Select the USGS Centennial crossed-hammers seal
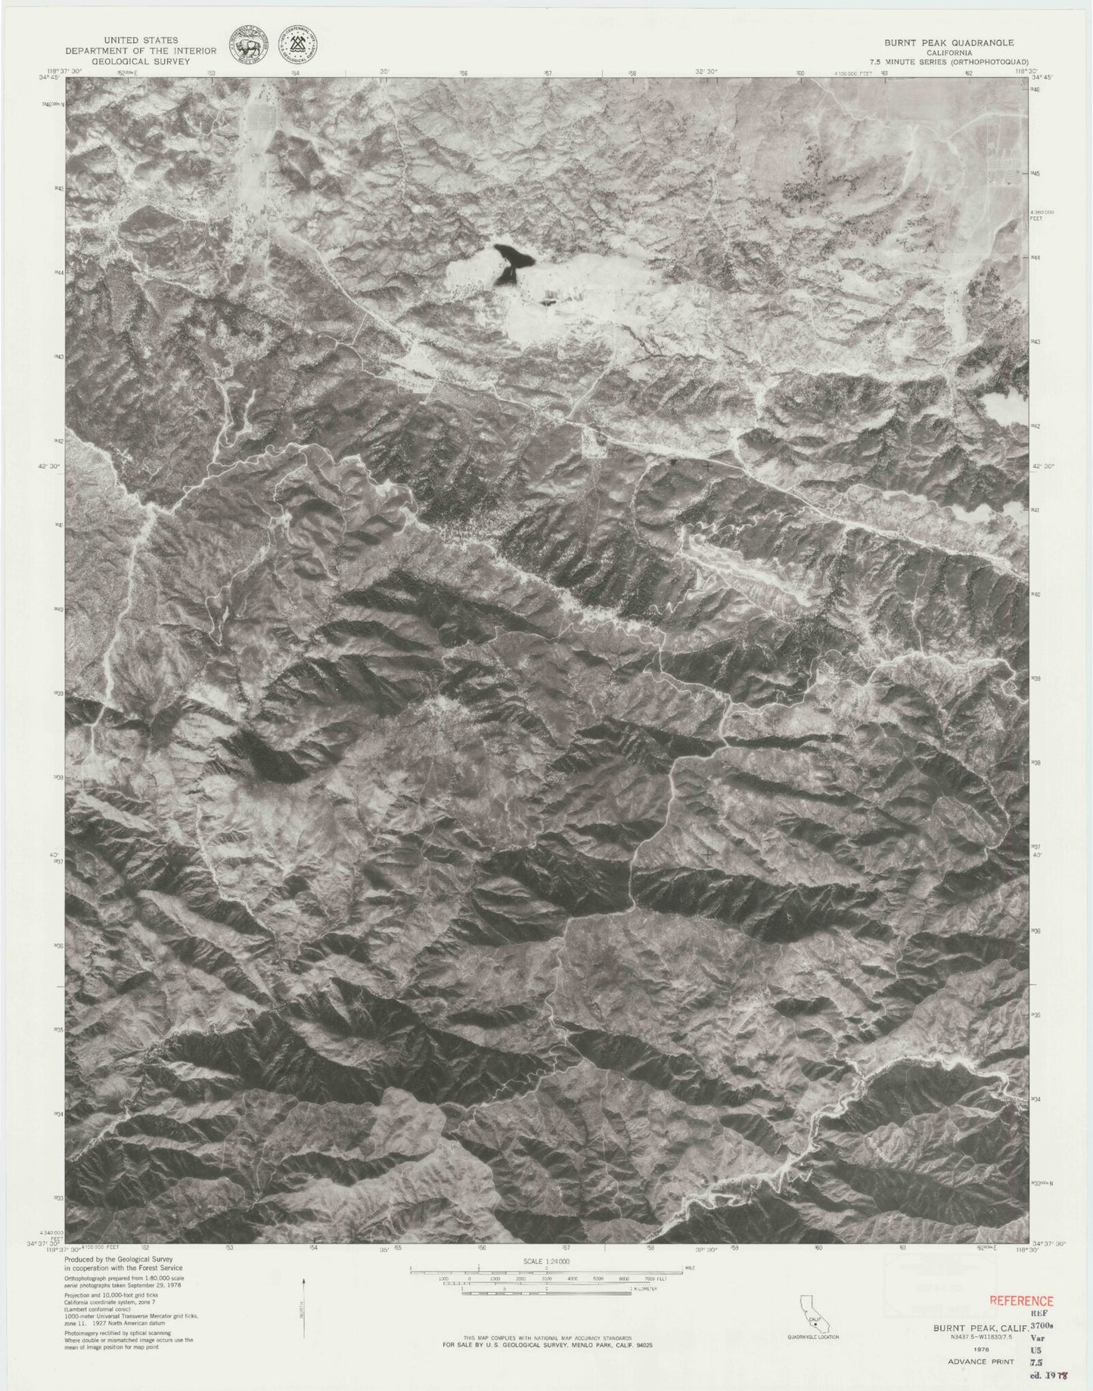point(297,47)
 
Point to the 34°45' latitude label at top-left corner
point(55,76)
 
